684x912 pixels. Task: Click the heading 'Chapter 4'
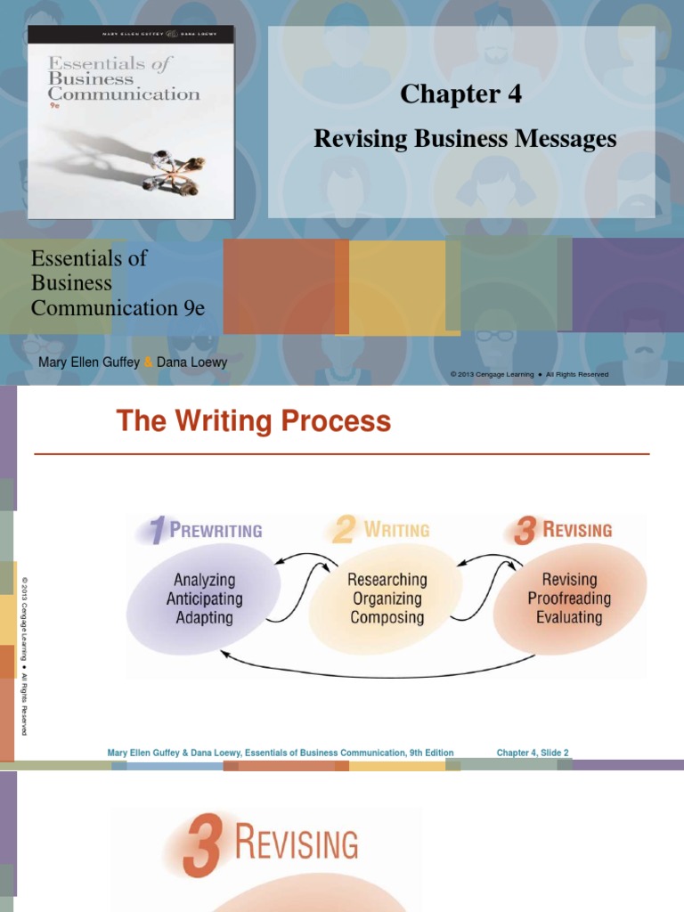pyautogui.click(x=460, y=94)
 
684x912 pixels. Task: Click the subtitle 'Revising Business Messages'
pyautogui.click(x=465, y=138)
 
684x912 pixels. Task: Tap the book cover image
pyautogui.click(x=130, y=122)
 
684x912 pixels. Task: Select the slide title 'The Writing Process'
pyautogui.click(x=254, y=421)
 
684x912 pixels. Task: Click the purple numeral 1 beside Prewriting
pyautogui.click(x=156, y=531)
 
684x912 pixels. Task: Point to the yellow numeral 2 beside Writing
pyautogui.click(x=343, y=531)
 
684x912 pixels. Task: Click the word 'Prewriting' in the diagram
pyautogui.click(x=216, y=531)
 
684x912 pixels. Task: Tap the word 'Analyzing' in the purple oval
pyautogui.click(x=204, y=581)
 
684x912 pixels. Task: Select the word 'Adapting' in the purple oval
pyautogui.click(x=204, y=617)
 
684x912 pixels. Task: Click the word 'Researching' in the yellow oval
pyautogui.click(x=387, y=580)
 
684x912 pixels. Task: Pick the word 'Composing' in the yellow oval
pyautogui.click(x=387, y=617)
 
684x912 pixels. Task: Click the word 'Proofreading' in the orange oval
pyautogui.click(x=569, y=598)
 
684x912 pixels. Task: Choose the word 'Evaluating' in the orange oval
pyautogui.click(x=569, y=616)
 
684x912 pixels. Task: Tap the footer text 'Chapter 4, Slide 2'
pyautogui.click(x=533, y=753)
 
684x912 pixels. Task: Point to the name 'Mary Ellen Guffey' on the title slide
pyautogui.click(x=89, y=362)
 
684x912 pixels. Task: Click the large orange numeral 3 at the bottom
pyautogui.click(x=200, y=849)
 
